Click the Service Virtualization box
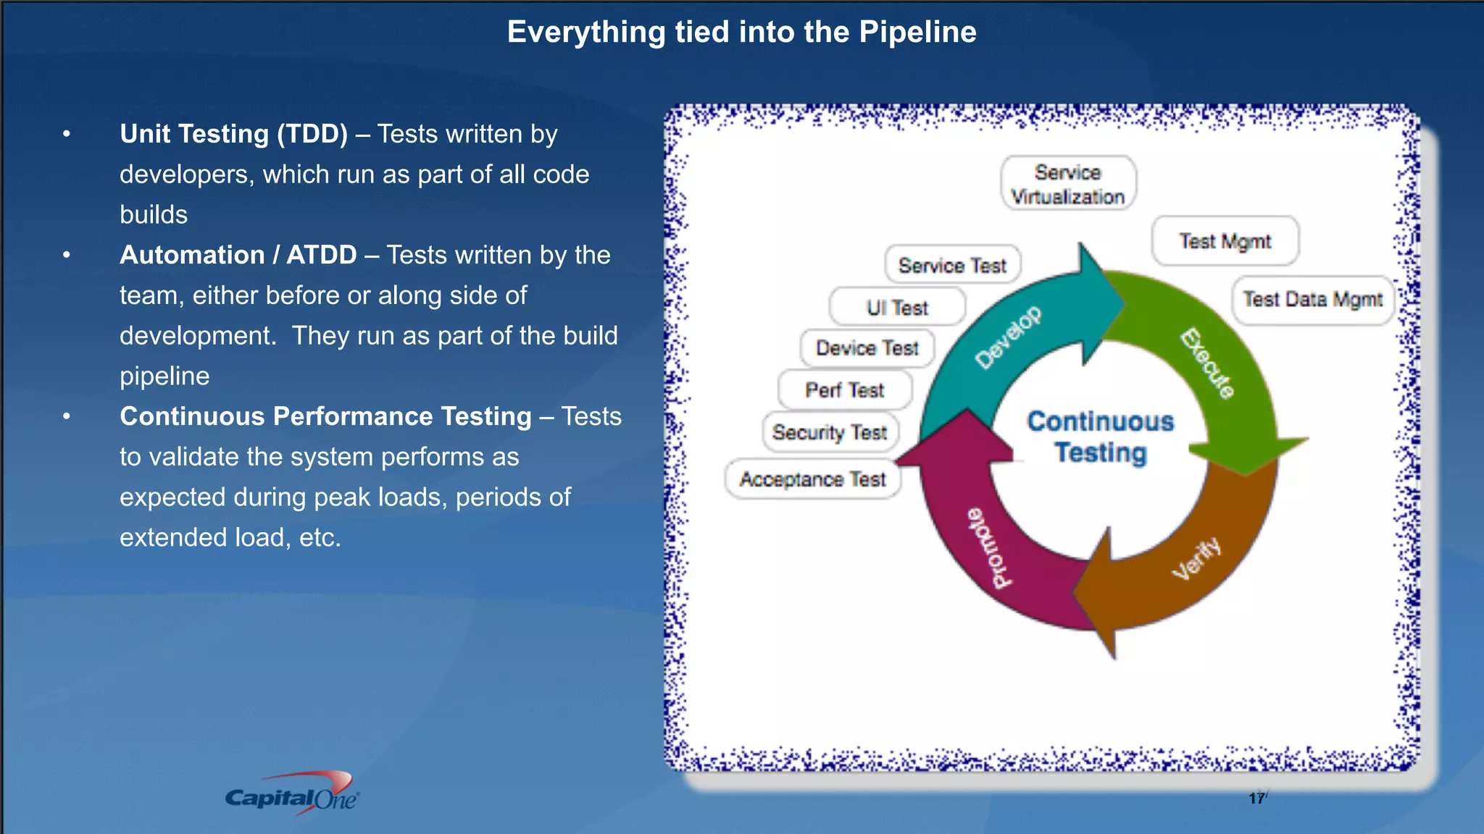click(1068, 184)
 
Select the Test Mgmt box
click(1225, 241)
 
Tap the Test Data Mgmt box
click(1312, 300)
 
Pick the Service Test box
click(952, 266)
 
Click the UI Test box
click(897, 308)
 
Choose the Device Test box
click(867, 348)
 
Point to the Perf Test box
click(844, 390)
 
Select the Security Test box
click(830, 432)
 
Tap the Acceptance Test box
click(812, 479)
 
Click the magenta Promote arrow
click(993, 543)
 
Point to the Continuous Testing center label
click(1101, 437)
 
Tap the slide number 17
click(1256, 798)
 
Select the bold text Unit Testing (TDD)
click(233, 134)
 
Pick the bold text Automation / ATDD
click(238, 255)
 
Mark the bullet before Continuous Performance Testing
click(67, 416)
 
